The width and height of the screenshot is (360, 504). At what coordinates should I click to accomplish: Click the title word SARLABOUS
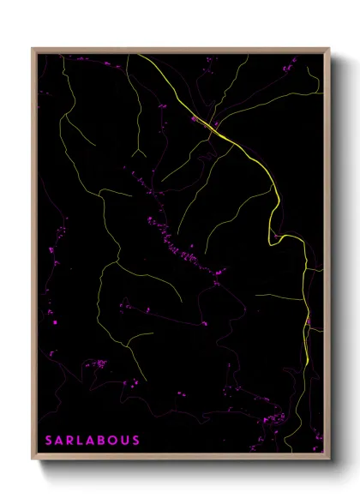click(x=93, y=441)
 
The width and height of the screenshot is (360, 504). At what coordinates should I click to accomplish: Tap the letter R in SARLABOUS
click(x=71, y=441)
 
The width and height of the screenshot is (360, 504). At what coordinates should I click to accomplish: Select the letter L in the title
click(x=82, y=441)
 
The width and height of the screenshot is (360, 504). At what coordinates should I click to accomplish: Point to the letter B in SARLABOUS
click(x=103, y=441)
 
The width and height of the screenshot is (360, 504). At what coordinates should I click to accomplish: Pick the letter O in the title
click(x=114, y=441)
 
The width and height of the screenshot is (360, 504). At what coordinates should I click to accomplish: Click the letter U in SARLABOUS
click(x=125, y=441)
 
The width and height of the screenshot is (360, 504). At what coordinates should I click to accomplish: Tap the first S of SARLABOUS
click(x=50, y=441)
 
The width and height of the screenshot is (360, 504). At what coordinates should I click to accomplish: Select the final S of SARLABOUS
click(x=135, y=441)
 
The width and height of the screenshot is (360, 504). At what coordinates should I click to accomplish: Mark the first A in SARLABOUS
click(x=60, y=441)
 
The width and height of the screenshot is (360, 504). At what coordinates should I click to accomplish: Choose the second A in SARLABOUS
click(x=93, y=441)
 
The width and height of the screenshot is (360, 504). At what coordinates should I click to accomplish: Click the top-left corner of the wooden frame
click(x=33, y=48)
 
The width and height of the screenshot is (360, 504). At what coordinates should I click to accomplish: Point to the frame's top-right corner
click(x=330, y=48)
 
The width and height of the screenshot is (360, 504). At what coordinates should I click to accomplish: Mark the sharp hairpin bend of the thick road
click(x=273, y=242)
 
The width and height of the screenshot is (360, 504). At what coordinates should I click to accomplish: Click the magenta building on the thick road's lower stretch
click(x=308, y=321)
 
